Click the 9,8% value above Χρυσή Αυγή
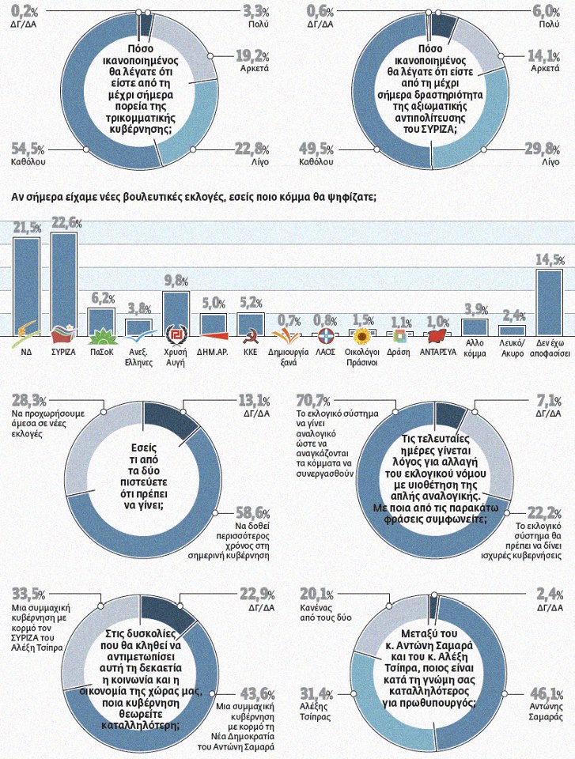(175, 281)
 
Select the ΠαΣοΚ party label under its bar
(100, 350)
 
